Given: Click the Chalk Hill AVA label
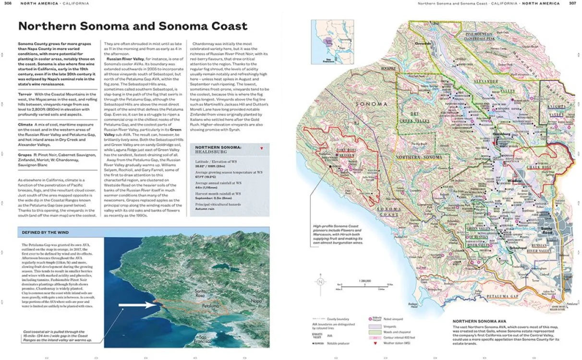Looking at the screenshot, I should pos(531,167).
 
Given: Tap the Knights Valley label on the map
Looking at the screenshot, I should pos(558,106).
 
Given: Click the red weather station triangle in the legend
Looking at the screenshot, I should pos(370,343).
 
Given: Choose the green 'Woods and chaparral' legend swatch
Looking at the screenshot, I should pos(374,331).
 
